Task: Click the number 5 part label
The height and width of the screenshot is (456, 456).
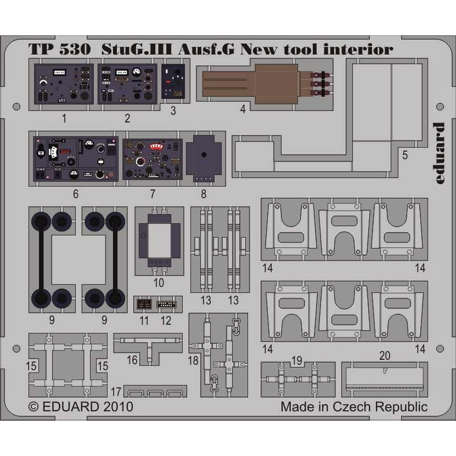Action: (x=405, y=155)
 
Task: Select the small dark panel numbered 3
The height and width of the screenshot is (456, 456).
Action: (x=173, y=82)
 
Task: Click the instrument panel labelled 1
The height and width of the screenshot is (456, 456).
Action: (x=64, y=84)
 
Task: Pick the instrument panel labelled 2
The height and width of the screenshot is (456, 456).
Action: (x=127, y=84)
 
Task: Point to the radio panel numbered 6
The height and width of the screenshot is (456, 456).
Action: (x=76, y=159)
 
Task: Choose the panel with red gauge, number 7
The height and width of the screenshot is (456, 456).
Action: (x=152, y=159)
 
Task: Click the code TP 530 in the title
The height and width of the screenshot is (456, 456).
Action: (x=59, y=50)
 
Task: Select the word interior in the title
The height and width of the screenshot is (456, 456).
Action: (x=359, y=49)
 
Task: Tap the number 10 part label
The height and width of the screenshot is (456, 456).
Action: (x=159, y=282)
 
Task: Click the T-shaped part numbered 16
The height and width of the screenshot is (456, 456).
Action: (x=148, y=348)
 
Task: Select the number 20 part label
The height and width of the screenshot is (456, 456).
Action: (x=384, y=355)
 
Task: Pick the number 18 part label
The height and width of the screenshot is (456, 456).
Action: (x=193, y=361)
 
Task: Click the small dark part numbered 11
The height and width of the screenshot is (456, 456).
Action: (x=144, y=304)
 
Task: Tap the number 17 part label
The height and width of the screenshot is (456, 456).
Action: (x=116, y=392)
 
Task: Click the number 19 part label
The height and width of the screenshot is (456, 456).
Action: (x=296, y=361)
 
